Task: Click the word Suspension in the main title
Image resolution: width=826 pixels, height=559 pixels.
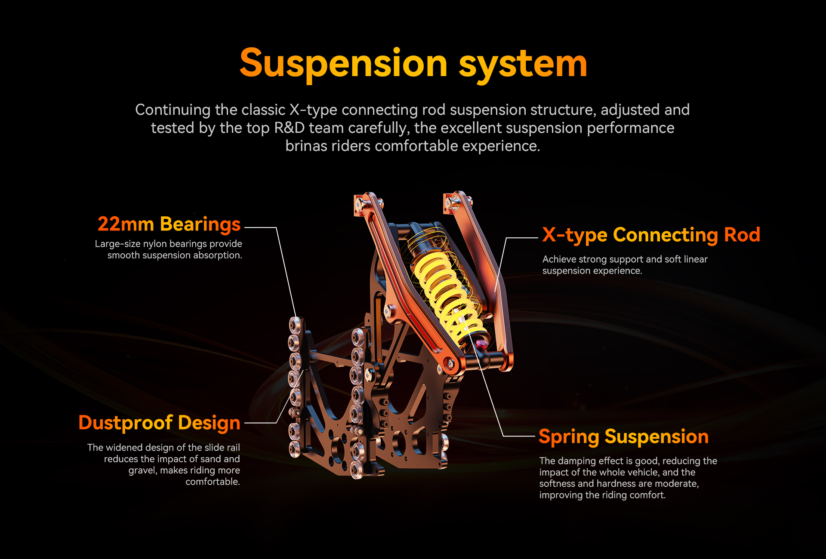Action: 343,64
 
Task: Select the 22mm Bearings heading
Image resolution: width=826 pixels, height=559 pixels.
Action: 169,224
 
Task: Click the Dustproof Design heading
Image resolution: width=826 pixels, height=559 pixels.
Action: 159,423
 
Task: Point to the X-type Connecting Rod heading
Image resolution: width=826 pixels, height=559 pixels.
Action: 651,235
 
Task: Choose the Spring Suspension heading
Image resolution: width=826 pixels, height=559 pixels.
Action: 623,437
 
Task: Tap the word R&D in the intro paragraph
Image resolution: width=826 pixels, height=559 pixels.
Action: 289,128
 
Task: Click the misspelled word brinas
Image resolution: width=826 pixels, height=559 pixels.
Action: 306,146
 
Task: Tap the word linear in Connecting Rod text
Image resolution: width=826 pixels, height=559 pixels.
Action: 695,259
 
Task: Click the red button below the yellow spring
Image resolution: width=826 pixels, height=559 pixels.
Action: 482,344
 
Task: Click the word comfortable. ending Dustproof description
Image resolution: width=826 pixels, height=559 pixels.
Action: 213,482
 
